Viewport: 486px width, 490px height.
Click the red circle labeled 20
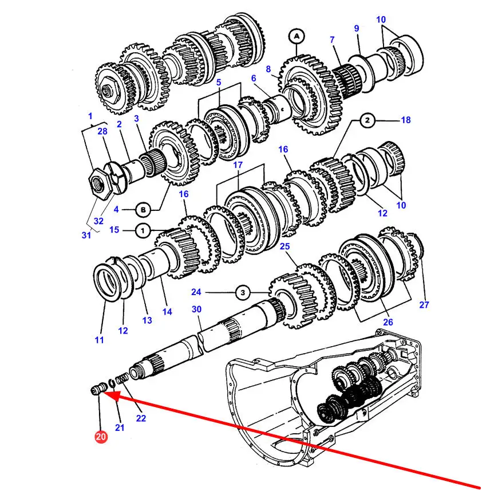point(101,436)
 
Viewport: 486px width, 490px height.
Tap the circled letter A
point(297,36)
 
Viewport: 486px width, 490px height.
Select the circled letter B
point(143,210)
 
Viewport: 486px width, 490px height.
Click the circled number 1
point(143,232)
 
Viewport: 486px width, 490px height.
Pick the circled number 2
point(368,120)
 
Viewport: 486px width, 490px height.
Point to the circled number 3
point(243,293)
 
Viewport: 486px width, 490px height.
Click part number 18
point(405,120)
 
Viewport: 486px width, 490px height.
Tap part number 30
point(196,309)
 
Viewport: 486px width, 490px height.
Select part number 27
point(424,304)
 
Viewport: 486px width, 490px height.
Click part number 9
point(357,29)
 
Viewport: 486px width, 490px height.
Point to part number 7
point(332,40)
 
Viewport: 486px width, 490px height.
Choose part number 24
point(196,292)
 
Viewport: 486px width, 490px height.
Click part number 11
point(99,340)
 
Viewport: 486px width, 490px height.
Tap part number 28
point(102,131)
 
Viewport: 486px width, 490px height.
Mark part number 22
point(141,418)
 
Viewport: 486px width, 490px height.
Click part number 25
point(285,246)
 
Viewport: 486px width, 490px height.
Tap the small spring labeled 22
point(122,379)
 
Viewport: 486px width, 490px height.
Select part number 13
point(147,320)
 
